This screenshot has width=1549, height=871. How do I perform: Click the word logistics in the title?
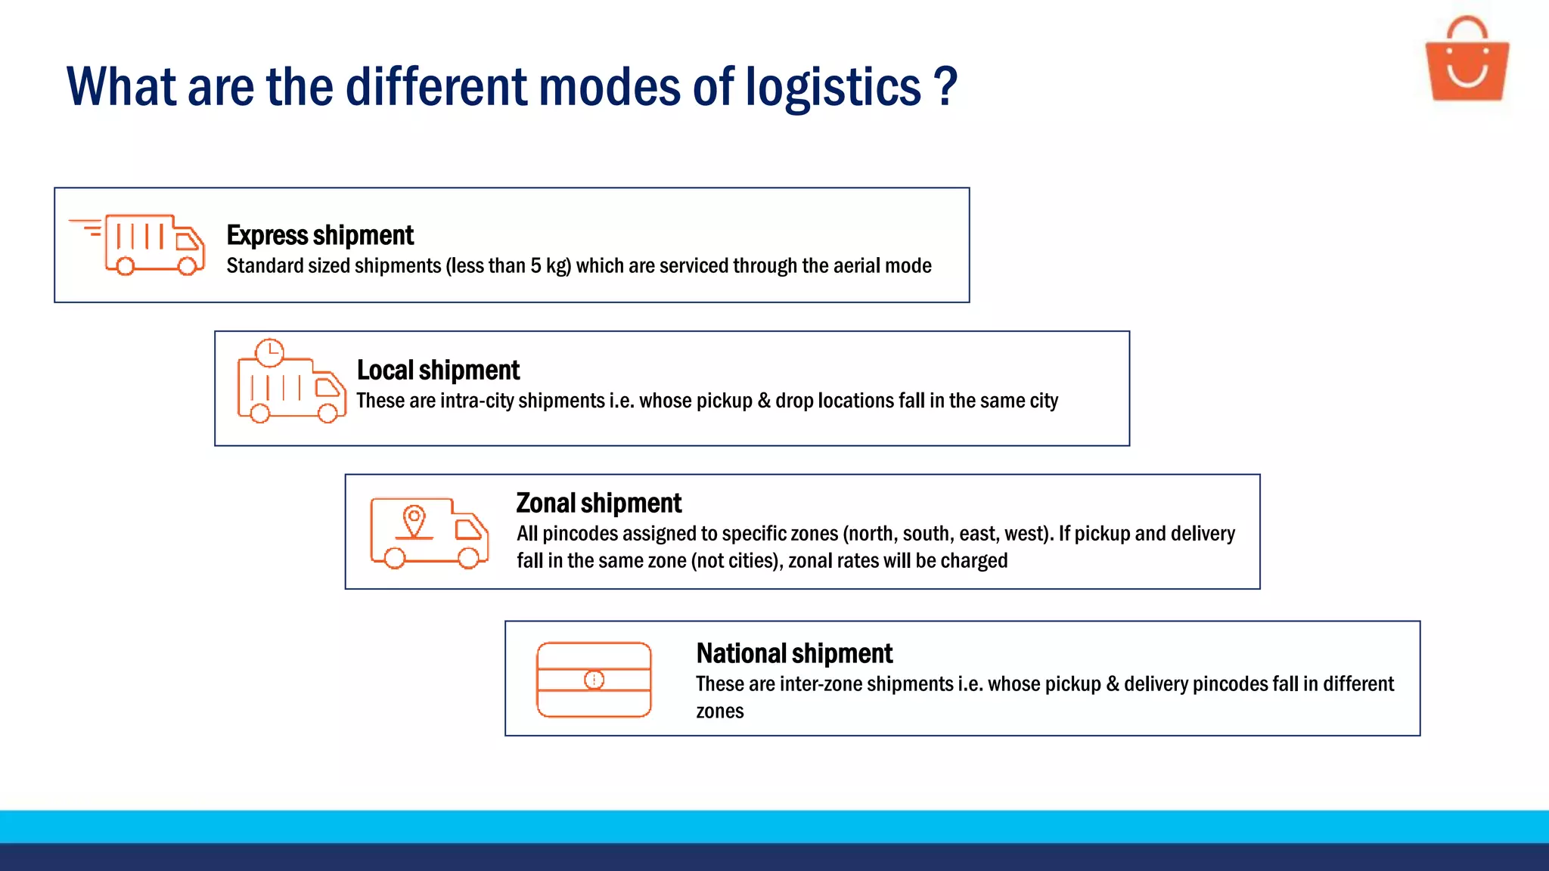point(833,87)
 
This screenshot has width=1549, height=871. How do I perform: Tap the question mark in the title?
point(945,87)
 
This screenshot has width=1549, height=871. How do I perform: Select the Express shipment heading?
point(320,235)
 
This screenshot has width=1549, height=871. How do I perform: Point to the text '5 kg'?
point(550,266)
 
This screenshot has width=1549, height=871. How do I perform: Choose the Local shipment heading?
point(438,370)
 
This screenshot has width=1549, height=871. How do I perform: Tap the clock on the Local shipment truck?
point(270,352)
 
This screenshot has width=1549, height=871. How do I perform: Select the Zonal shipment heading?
point(598,504)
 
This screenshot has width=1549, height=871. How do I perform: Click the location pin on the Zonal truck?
point(414,520)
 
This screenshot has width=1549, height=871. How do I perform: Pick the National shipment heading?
point(794,653)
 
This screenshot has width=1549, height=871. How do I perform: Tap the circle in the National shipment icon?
point(594,680)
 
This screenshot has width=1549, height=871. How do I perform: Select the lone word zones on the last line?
point(719,711)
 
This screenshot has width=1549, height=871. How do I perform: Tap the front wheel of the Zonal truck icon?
point(469,558)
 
